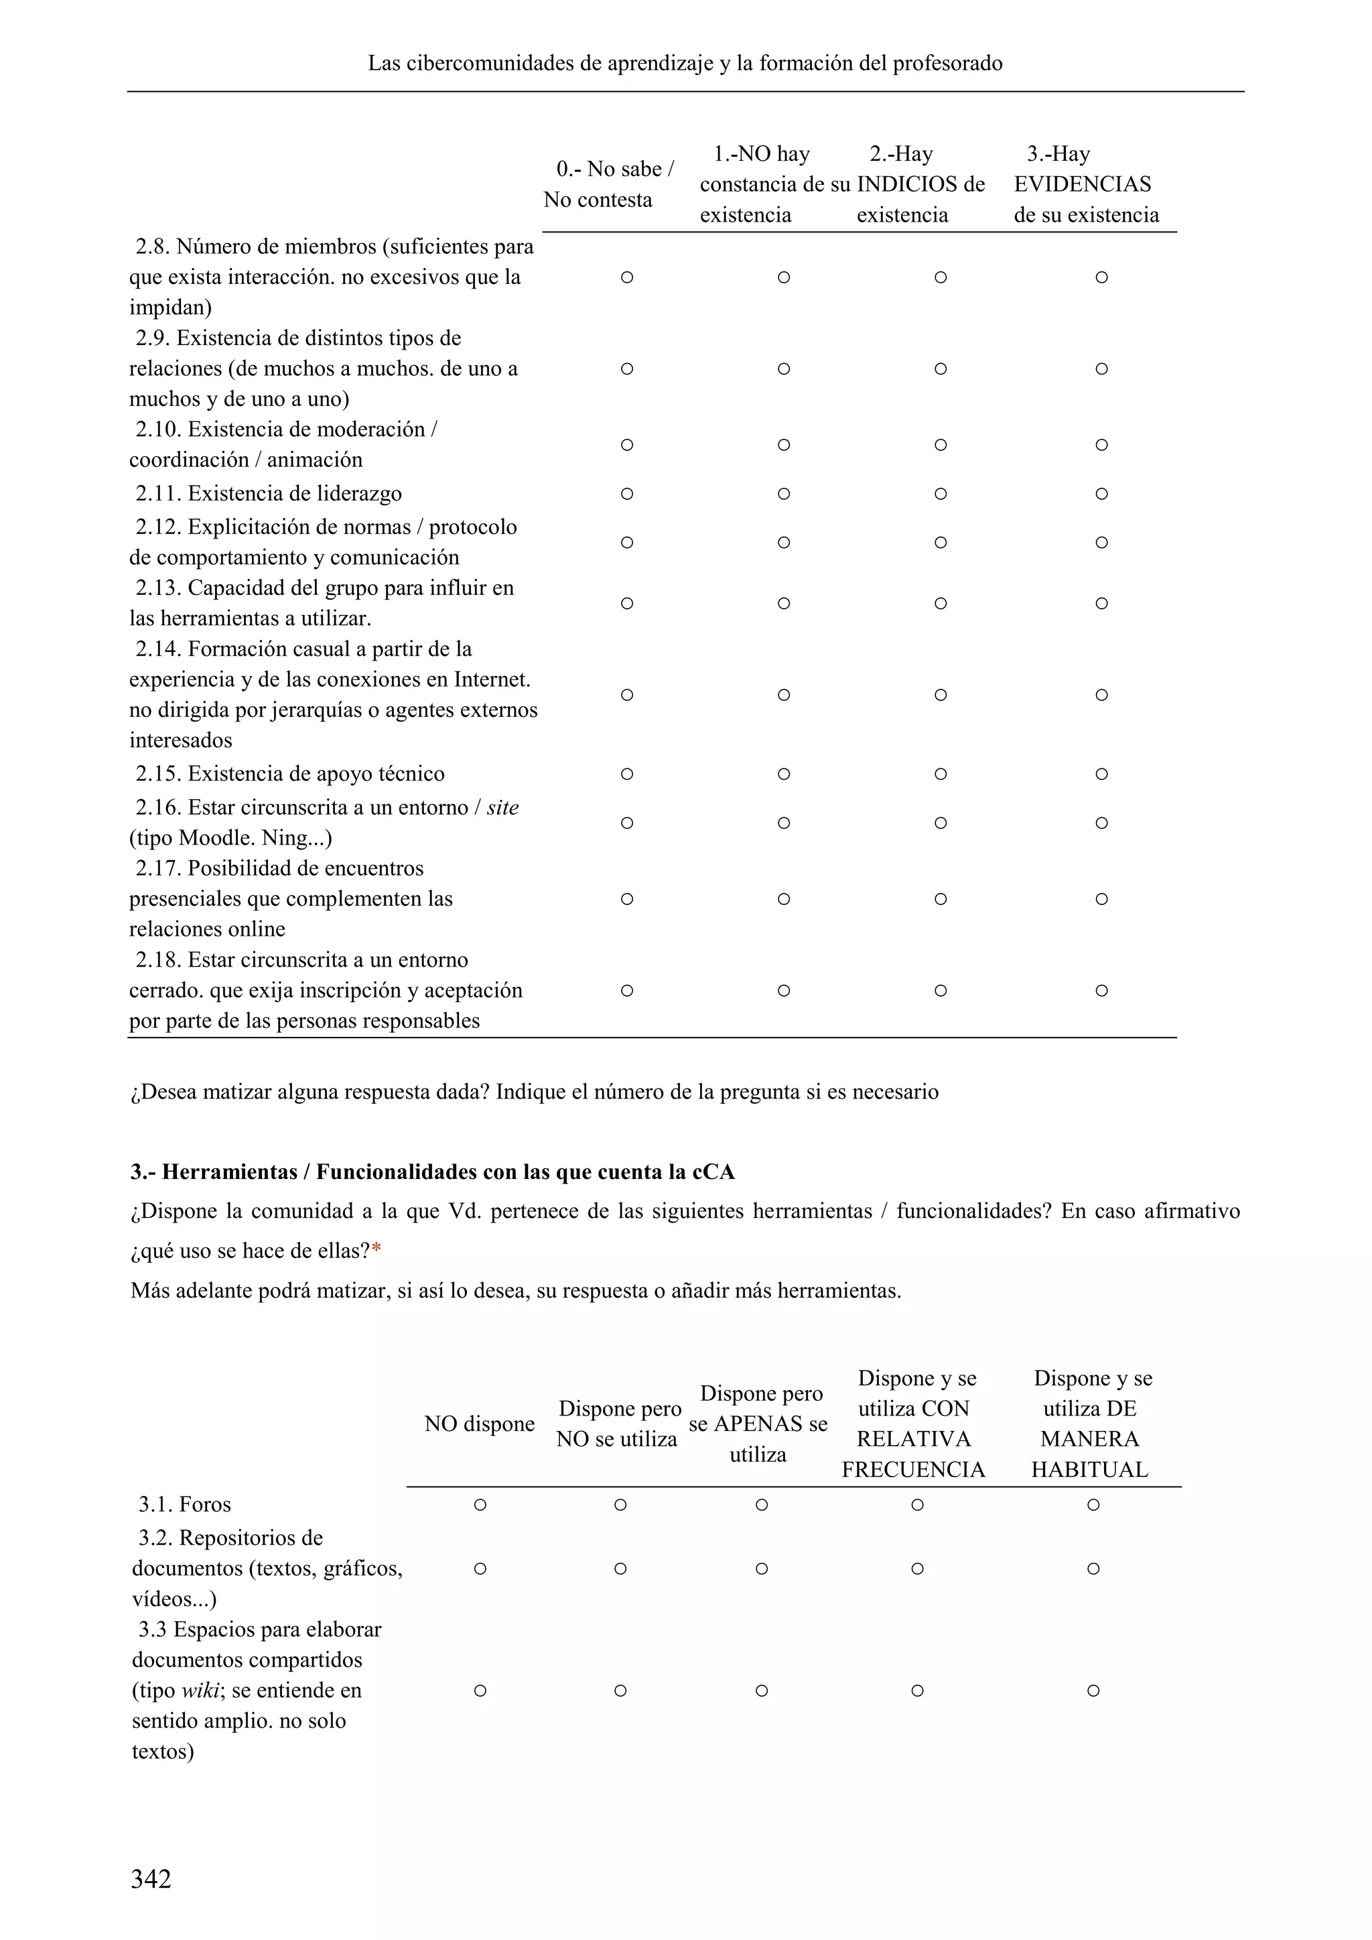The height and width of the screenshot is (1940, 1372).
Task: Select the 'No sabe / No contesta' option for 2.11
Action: [x=627, y=494]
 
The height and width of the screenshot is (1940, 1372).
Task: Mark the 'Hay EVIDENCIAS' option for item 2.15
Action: [x=1101, y=774]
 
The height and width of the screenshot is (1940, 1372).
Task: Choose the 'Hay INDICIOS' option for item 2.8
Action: [x=941, y=277]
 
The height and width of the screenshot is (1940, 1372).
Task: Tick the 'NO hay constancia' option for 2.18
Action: [x=783, y=990]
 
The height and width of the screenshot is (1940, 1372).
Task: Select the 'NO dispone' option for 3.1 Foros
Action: [x=480, y=1505]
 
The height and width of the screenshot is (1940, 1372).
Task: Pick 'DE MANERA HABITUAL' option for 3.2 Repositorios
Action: [x=1093, y=1569]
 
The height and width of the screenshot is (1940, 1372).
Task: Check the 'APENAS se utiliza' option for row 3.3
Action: [x=761, y=1691]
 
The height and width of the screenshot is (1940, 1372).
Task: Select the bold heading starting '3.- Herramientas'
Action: [x=433, y=1172]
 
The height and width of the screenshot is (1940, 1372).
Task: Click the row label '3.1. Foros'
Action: [x=185, y=1505]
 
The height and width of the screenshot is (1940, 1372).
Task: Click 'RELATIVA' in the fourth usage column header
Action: [x=913, y=1439]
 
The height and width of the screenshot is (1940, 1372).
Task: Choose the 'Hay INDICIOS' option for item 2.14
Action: [x=941, y=695]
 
